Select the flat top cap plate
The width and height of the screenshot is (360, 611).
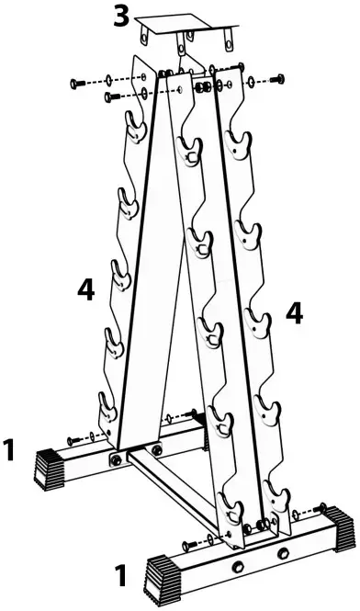[x=185, y=22]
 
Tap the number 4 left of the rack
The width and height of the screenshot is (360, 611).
[x=85, y=290]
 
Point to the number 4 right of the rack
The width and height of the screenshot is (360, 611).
[x=295, y=311]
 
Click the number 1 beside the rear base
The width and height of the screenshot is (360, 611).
[x=8, y=450]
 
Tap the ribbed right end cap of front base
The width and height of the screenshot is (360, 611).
[x=343, y=530]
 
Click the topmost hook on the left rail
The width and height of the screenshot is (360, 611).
[x=134, y=126]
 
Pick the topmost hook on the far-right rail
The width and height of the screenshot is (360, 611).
[x=241, y=141]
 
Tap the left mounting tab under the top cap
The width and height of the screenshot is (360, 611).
[x=144, y=33]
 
